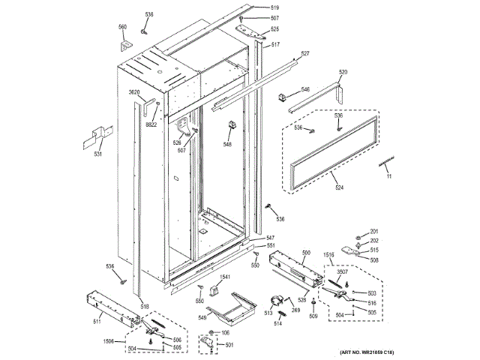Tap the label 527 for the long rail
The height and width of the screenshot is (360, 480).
305,53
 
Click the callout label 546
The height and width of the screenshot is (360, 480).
305,89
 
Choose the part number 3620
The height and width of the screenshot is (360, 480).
135,91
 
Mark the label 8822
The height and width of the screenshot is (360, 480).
151,124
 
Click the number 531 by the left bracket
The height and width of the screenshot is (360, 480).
97,154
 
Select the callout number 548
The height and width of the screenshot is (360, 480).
227,144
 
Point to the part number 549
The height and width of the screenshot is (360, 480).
202,318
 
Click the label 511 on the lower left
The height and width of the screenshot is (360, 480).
97,322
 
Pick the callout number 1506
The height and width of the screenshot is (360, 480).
109,341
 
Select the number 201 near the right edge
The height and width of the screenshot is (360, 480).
374,230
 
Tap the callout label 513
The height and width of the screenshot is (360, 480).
268,313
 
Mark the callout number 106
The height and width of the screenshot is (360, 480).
225,332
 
